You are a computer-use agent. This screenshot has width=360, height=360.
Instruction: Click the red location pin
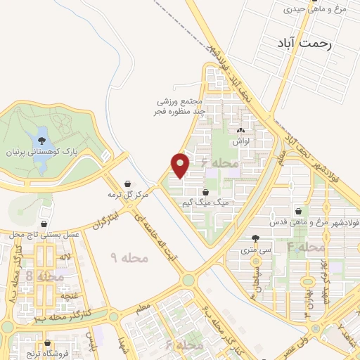(x=181, y=165)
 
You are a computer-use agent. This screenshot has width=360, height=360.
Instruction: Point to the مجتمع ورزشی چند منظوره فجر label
(x=180, y=105)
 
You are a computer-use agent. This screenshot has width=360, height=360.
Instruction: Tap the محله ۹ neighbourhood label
(x=131, y=258)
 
